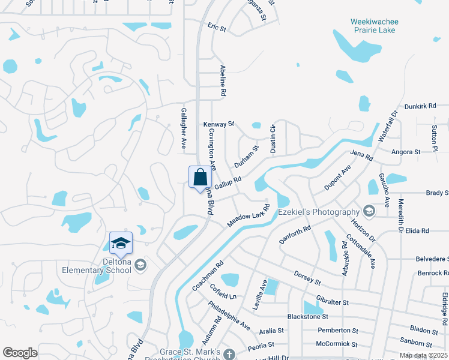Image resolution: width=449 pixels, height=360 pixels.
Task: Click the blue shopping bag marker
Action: (x=200, y=178)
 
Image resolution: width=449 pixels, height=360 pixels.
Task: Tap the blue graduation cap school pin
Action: (x=120, y=244)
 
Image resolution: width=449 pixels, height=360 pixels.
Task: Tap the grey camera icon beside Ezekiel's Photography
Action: (x=369, y=211)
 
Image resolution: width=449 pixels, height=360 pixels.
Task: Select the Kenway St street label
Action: (x=218, y=124)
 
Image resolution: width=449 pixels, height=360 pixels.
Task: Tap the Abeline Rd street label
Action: (x=223, y=81)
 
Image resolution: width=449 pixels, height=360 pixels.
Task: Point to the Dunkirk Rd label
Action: (x=420, y=106)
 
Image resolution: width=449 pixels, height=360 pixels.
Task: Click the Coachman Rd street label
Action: (x=208, y=275)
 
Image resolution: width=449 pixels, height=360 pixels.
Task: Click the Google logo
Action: (x=20, y=352)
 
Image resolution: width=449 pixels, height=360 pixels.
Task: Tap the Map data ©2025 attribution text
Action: (x=423, y=356)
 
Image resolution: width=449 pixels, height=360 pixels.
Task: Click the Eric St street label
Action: (x=216, y=28)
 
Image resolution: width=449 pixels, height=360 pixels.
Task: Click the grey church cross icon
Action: (x=228, y=354)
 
